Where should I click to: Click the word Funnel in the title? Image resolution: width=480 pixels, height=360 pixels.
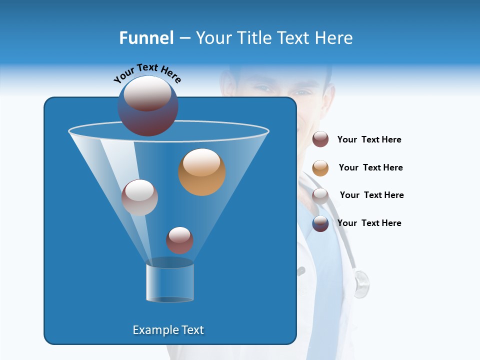(x=146, y=38)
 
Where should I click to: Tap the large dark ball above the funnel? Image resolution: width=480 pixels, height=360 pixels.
(x=148, y=105)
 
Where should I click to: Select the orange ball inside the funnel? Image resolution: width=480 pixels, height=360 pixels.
(x=202, y=172)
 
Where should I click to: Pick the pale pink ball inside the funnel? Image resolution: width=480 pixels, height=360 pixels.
(x=139, y=197)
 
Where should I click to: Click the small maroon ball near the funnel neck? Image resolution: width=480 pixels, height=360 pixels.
(x=179, y=240)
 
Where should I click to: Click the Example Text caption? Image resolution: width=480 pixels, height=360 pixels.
(x=168, y=330)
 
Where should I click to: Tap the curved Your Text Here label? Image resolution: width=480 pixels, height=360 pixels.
(x=147, y=73)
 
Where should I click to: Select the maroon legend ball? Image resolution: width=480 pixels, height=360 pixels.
(x=320, y=139)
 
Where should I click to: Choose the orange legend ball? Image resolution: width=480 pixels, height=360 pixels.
(x=320, y=167)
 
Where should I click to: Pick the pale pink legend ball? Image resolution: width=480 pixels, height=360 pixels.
(x=320, y=195)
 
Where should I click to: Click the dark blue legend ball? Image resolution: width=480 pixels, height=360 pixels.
(x=320, y=223)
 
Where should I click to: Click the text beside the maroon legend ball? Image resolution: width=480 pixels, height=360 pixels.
(x=369, y=140)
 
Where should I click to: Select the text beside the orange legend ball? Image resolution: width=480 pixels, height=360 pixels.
(x=370, y=168)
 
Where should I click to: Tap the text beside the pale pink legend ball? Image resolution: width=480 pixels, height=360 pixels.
(x=371, y=195)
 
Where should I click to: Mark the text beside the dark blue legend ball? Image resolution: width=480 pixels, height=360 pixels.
(x=369, y=223)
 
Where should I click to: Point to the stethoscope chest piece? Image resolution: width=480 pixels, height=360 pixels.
(x=361, y=283)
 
